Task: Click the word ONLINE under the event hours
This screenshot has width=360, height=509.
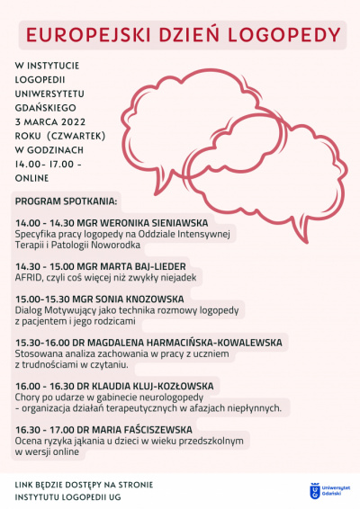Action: tap(33, 178)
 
